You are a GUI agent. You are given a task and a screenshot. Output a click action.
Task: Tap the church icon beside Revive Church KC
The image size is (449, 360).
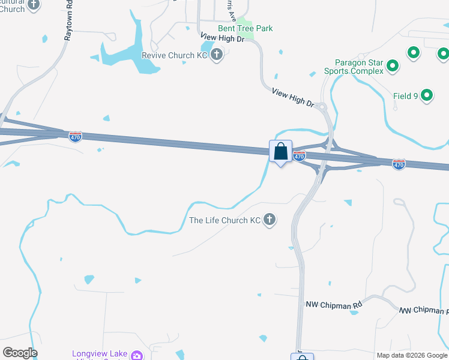tap(217, 56)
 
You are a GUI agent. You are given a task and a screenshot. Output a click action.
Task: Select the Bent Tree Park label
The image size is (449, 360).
tap(245, 28)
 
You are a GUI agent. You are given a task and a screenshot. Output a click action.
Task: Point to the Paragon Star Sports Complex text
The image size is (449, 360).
tap(354, 67)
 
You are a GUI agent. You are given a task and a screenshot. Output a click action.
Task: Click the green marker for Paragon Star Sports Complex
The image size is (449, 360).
tap(393, 65)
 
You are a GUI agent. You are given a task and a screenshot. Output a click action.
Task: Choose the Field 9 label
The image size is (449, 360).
tap(406, 96)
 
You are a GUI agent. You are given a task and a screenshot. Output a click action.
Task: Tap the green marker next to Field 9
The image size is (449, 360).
tap(427, 95)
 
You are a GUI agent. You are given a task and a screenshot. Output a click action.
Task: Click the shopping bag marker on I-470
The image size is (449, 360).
tap(280, 152)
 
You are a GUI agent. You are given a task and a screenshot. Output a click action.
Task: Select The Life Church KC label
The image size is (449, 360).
tap(225, 220)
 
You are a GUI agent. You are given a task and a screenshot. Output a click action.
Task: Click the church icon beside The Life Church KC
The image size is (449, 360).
tap(270, 220)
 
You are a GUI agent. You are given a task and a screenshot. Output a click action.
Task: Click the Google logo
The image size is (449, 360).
tap(20, 353)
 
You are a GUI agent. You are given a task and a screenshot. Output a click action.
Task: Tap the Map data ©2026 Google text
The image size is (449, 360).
tap(412, 355)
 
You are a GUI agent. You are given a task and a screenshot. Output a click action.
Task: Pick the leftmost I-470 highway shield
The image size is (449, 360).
tap(75, 136)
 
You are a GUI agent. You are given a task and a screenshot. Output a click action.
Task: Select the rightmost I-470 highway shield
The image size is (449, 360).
tap(399, 163)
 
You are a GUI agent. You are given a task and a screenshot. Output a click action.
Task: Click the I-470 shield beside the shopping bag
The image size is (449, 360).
tap(300, 156)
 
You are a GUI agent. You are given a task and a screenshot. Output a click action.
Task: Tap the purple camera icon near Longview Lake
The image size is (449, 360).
tap(137, 355)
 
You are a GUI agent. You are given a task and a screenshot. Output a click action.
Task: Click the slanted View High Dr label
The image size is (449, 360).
tap(294, 98)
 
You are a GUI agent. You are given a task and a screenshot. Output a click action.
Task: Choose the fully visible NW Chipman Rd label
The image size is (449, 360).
tap(334, 305)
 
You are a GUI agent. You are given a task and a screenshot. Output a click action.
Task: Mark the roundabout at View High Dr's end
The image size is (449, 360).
tap(322, 107)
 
